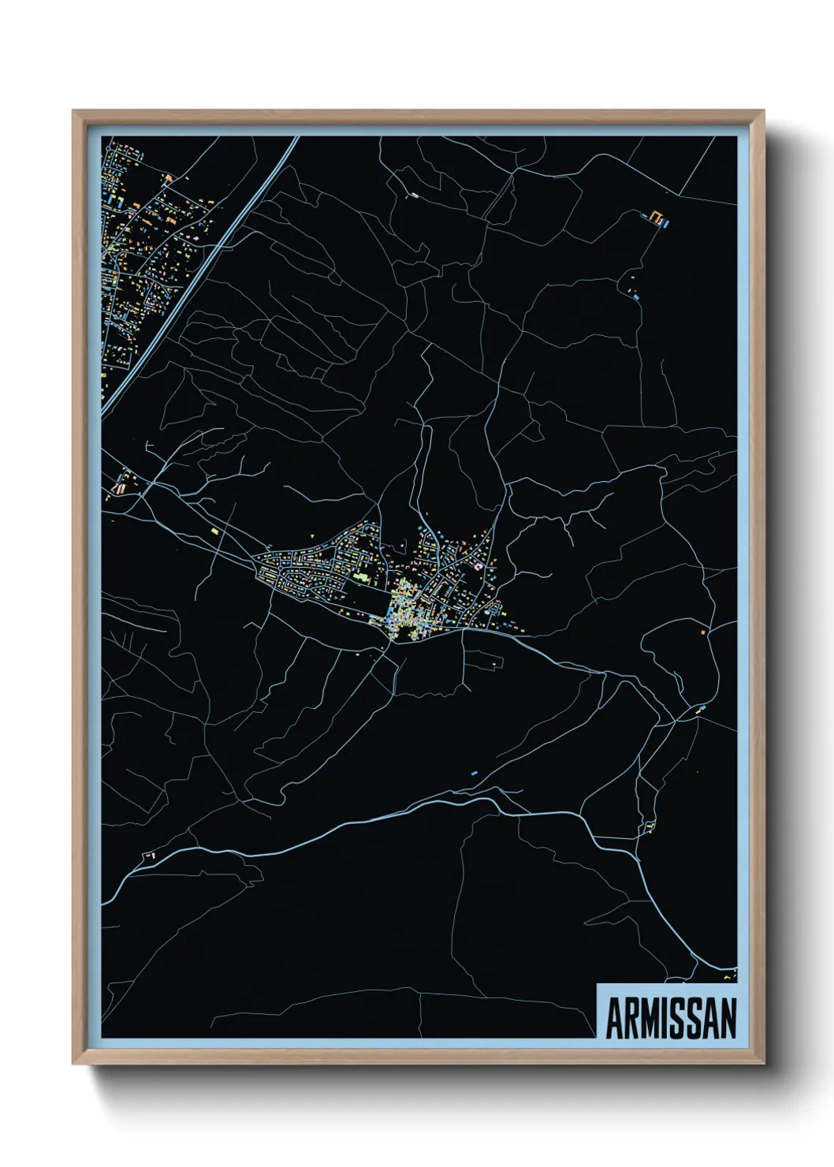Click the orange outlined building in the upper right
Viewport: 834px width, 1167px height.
point(655,216)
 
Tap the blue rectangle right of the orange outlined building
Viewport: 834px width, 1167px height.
point(666,223)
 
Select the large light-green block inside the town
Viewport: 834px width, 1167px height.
point(360,577)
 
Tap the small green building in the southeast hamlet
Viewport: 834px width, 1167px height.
point(650,826)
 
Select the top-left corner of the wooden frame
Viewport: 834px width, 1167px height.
point(74,112)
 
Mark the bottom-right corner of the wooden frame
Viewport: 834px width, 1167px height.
point(763,1063)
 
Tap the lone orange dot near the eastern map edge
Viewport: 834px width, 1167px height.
point(703,632)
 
